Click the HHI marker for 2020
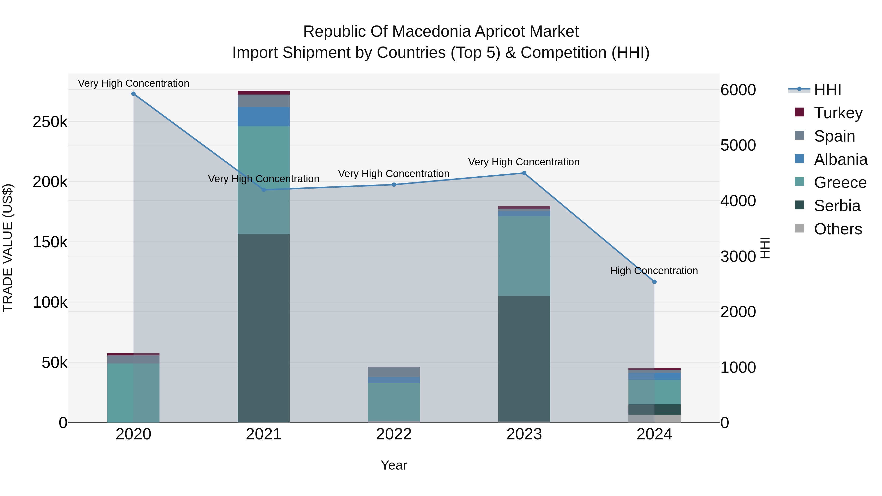(x=134, y=94)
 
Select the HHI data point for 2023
(x=524, y=173)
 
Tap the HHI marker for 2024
(x=654, y=282)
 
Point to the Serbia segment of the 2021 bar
(x=264, y=328)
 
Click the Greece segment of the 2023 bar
(x=524, y=256)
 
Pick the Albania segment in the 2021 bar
(x=264, y=117)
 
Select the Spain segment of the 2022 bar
(x=394, y=372)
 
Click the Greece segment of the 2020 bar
(x=134, y=393)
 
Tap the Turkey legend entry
(x=829, y=113)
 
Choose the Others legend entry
(x=828, y=229)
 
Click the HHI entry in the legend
(x=815, y=90)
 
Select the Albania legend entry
(x=831, y=159)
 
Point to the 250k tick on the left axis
(x=50, y=122)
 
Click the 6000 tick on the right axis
(x=738, y=90)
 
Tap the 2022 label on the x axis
(x=394, y=434)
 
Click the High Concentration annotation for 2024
(x=654, y=270)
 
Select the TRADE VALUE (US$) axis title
(x=8, y=248)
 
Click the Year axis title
(x=394, y=465)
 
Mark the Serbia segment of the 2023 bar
(x=524, y=359)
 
